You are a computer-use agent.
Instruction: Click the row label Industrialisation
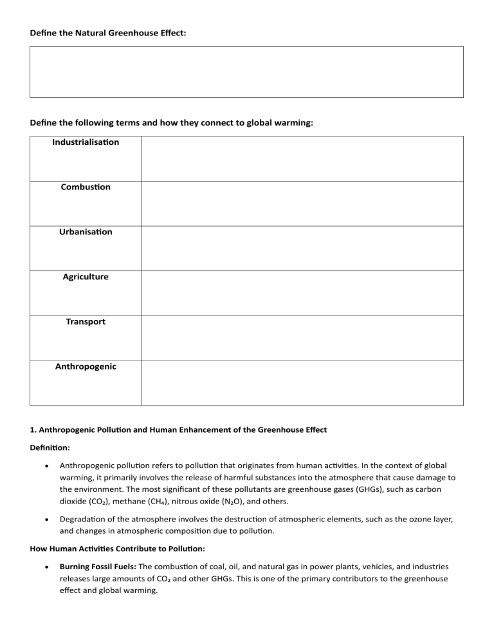coord(85,142)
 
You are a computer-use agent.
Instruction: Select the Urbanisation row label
coord(85,232)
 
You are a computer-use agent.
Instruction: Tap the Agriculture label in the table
coord(85,277)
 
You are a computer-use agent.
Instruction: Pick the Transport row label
coord(85,322)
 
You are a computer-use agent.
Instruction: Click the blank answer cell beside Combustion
coord(302,203)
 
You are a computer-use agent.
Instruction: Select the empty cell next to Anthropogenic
coord(302,383)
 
